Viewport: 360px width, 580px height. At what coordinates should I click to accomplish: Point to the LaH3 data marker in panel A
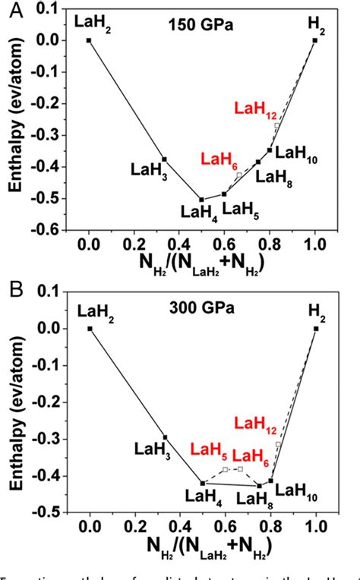click(x=165, y=159)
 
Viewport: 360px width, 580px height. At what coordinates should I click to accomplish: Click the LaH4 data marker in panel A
click(x=202, y=200)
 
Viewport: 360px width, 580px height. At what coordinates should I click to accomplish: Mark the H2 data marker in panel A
click(x=315, y=40)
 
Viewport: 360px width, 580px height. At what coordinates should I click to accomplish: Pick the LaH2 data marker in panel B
click(x=90, y=329)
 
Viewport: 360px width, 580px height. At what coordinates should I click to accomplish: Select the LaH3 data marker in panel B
click(x=165, y=437)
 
